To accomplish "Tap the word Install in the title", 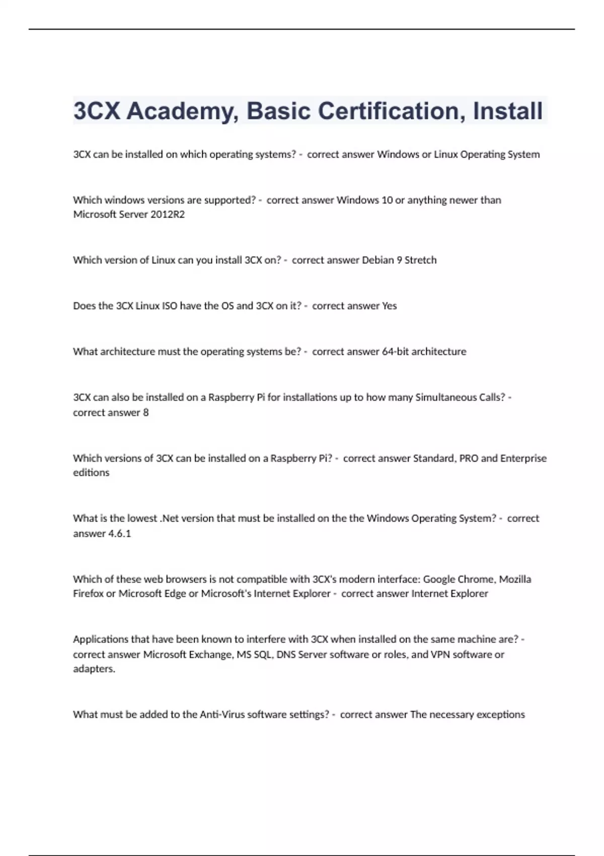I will coord(507,111).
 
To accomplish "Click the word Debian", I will coord(378,260).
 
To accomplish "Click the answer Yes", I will coord(389,306).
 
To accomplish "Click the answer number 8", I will coord(146,412).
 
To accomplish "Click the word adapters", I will coord(94,669).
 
